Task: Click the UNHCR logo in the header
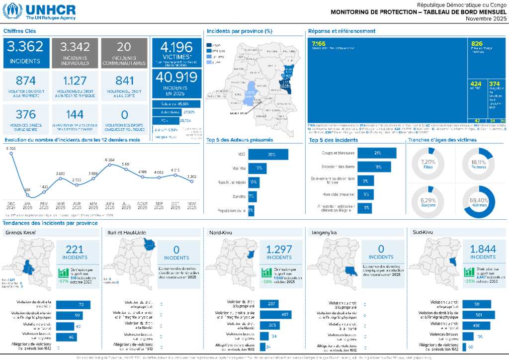point(40,11)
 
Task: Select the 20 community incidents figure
point(124,47)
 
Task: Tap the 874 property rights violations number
point(25,81)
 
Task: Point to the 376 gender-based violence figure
point(25,114)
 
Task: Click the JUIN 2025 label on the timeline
point(110,205)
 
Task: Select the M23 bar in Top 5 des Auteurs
point(268,155)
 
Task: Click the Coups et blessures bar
point(377,153)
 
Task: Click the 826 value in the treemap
point(477,44)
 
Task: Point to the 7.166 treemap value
point(319,44)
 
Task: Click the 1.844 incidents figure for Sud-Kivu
point(483,250)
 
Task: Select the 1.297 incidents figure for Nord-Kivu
point(279,250)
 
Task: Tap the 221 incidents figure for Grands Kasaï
point(75,250)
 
